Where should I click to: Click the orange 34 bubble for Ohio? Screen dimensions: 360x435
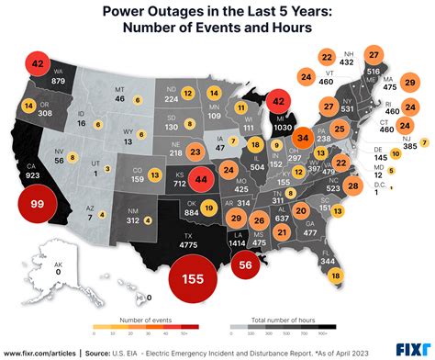click(303, 141)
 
